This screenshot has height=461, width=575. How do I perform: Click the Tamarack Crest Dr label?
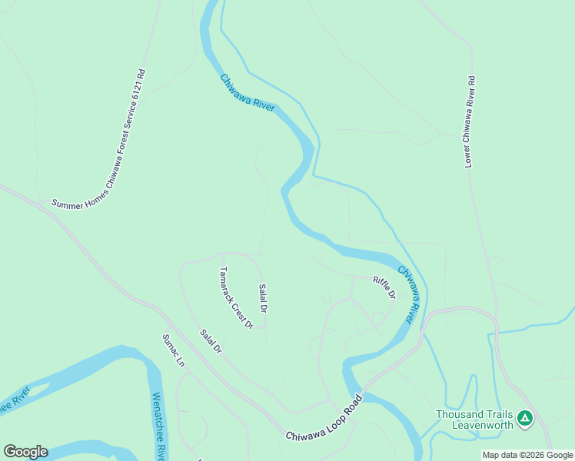[236, 298]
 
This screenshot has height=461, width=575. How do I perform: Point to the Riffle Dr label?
[384, 287]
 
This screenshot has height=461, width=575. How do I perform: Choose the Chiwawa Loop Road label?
[324, 420]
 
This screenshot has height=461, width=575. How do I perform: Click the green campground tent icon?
[524, 419]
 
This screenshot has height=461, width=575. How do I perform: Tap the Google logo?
[25, 452]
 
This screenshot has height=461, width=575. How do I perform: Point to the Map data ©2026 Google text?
[527, 455]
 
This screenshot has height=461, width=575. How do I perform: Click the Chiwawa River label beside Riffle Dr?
[410, 294]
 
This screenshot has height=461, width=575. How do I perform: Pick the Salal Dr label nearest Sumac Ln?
[211, 341]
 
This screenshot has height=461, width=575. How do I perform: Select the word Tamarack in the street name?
[228, 286]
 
